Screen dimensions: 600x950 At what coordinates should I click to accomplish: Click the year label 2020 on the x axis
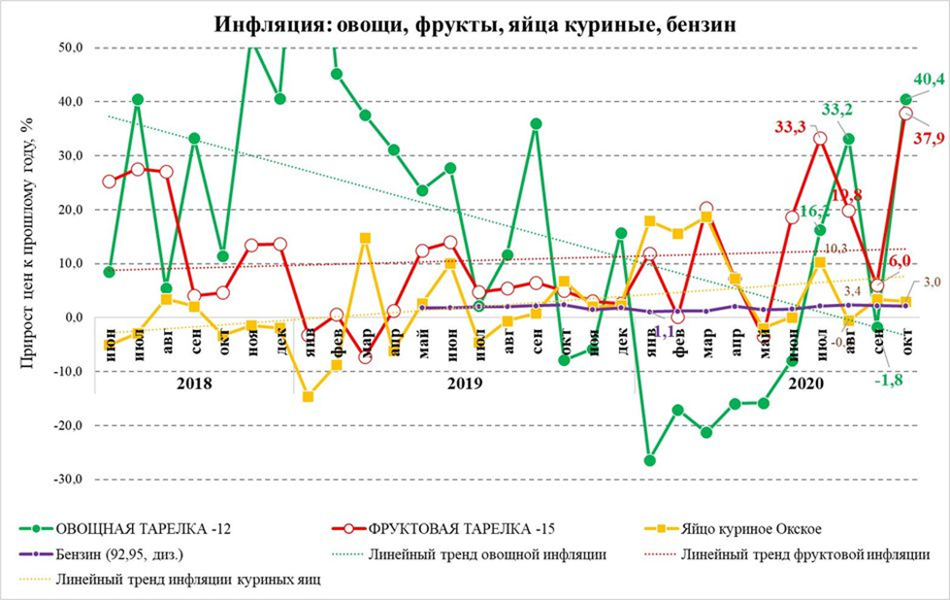(x=804, y=383)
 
